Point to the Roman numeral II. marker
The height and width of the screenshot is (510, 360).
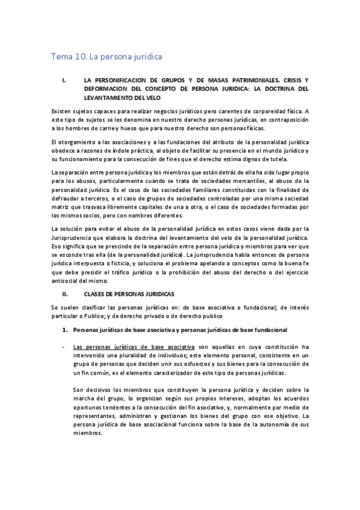point(66,296)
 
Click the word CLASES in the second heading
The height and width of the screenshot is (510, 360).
point(98,296)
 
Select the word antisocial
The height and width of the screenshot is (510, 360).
point(67,280)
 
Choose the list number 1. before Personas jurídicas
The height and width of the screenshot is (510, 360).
point(66,330)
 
